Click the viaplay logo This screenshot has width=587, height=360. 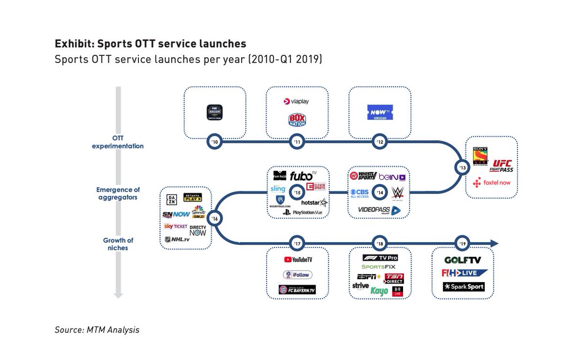click(x=296, y=102)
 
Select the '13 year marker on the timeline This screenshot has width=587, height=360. click(x=462, y=167)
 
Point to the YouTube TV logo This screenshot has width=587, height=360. click(x=297, y=260)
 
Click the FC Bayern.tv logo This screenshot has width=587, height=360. click(x=297, y=289)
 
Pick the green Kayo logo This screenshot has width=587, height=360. click(x=379, y=291)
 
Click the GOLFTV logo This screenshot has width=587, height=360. click(x=462, y=260)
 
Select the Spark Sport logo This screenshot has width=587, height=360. click(x=463, y=287)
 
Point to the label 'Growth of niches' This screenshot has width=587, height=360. click(x=118, y=244)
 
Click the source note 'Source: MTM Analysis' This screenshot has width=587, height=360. click(x=97, y=330)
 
